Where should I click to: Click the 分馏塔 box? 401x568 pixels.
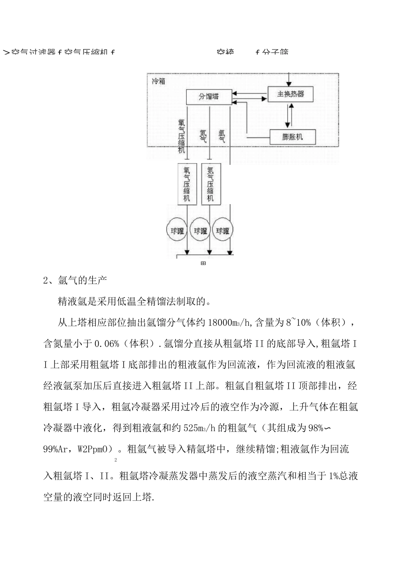tap(209, 97)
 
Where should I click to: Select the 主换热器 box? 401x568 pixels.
tap(290, 94)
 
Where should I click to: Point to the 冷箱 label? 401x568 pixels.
tap(159, 81)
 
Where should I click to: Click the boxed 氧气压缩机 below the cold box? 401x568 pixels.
tap(187, 184)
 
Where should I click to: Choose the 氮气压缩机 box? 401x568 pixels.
tap(210, 184)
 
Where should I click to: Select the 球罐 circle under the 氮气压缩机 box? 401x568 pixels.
tap(200, 231)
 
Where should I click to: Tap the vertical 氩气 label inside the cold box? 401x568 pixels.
tap(222, 135)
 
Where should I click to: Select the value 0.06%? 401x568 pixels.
tap(108, 344)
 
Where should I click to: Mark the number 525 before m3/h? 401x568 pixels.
tap(193, 428)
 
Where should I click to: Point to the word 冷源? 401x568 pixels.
tap(269, 407)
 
